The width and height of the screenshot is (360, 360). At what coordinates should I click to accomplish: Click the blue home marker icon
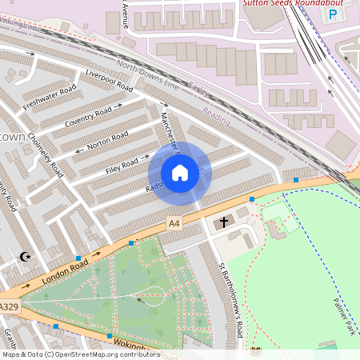[180, 173]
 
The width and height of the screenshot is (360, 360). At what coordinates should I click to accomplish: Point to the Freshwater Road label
[50, 97]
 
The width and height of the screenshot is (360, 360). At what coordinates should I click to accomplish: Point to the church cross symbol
[224, 221]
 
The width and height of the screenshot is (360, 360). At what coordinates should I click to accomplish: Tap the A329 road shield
[9, 306]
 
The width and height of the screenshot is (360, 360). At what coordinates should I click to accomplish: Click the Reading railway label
[216, 116]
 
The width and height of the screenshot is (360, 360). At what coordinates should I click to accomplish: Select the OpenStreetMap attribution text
[80, 354]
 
